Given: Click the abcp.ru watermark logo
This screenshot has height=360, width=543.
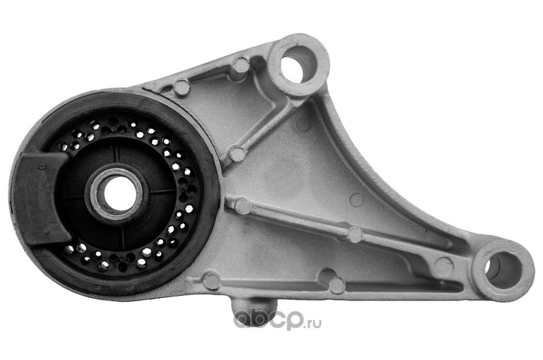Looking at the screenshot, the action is pyautogui.click(x=277, y=320).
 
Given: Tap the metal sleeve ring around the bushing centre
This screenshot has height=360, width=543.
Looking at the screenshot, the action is pyautogui.click(x=117, y=194).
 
